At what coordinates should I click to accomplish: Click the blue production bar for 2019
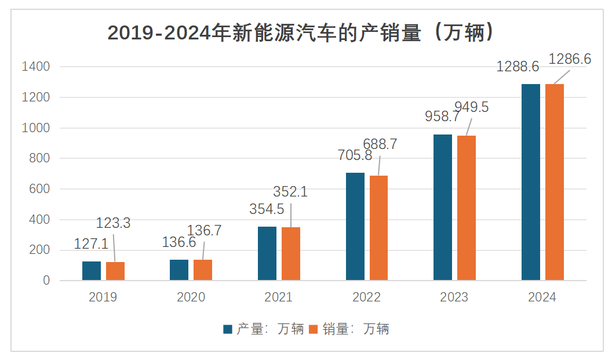[x=92, y=271]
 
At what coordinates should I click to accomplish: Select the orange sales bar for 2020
[x=203, y=270]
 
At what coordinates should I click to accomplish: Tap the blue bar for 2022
[x=355, y=227]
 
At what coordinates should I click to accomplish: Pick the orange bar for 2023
[x=467, y=208]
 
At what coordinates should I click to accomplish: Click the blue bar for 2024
[x=531, y=182]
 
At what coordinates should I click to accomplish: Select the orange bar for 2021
[x=291, y=254]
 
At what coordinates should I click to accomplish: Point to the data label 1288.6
[x=518, y=67]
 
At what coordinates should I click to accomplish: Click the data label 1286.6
[x=570, y=59]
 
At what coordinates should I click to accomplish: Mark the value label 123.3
[x=113, y=223]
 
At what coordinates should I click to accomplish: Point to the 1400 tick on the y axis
[x=36, y=67]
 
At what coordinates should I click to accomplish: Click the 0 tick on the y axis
[x=47, y=281]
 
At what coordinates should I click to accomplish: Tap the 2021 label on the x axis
[x=279, y=297]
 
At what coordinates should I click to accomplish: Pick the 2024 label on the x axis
[x=542, y=297]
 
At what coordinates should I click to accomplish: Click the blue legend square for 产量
[x=228, y=329]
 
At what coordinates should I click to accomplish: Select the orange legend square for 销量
[x=314, y=329]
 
